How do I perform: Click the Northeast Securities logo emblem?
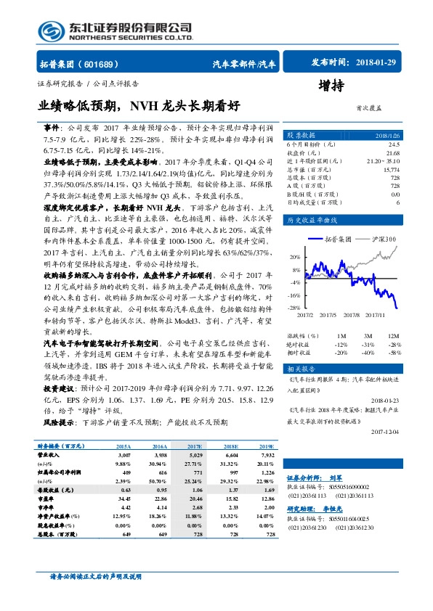pyautogui.click(x=50, y=30)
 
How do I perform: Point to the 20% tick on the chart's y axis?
pyautogui.click(x=294, y=257)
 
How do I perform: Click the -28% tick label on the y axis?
pyautogui.click(x=294, y=308)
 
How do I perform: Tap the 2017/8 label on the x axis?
pyautogui.click(x=352, y=316)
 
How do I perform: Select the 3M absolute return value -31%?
pyautogui.click(x=368, y=344)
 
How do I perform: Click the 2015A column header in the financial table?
pyautogui.click(x=124, y=446)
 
